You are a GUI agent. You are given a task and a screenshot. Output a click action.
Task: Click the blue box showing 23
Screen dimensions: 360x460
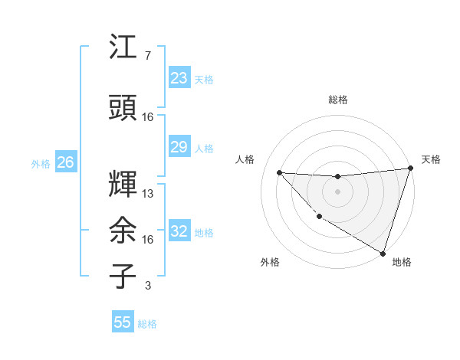[x=179, y=78]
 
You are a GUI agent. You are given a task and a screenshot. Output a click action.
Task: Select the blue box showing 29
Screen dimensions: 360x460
[x=179, y=147]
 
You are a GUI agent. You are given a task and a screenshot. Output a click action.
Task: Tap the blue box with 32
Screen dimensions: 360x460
[x=179, y=231]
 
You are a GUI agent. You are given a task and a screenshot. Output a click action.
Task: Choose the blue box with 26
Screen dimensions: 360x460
[x=65, y=162]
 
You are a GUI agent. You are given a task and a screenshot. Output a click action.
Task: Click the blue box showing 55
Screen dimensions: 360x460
[x=123, y=322]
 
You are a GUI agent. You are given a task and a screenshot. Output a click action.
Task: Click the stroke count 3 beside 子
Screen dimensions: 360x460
[x=147, y=286]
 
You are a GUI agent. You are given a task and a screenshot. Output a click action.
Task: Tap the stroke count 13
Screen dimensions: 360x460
[x=148, y=194]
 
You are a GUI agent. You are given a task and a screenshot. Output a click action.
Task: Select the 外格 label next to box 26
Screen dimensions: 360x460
[x=41, y=163]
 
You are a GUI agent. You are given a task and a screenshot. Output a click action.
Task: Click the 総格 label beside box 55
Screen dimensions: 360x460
[x=147, y=324]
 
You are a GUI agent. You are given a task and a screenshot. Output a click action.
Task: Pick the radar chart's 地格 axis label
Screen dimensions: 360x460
[x=402, y=262]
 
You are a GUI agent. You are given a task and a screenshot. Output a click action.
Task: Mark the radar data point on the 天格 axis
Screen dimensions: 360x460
[x=410, y=169]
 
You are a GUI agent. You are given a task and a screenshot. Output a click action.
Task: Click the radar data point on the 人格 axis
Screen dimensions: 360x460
[x=279, y=172]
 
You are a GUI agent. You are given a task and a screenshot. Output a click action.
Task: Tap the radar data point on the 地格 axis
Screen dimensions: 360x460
[x=383, y=252]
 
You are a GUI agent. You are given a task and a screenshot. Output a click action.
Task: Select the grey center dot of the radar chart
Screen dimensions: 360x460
[x=337, y=191]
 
